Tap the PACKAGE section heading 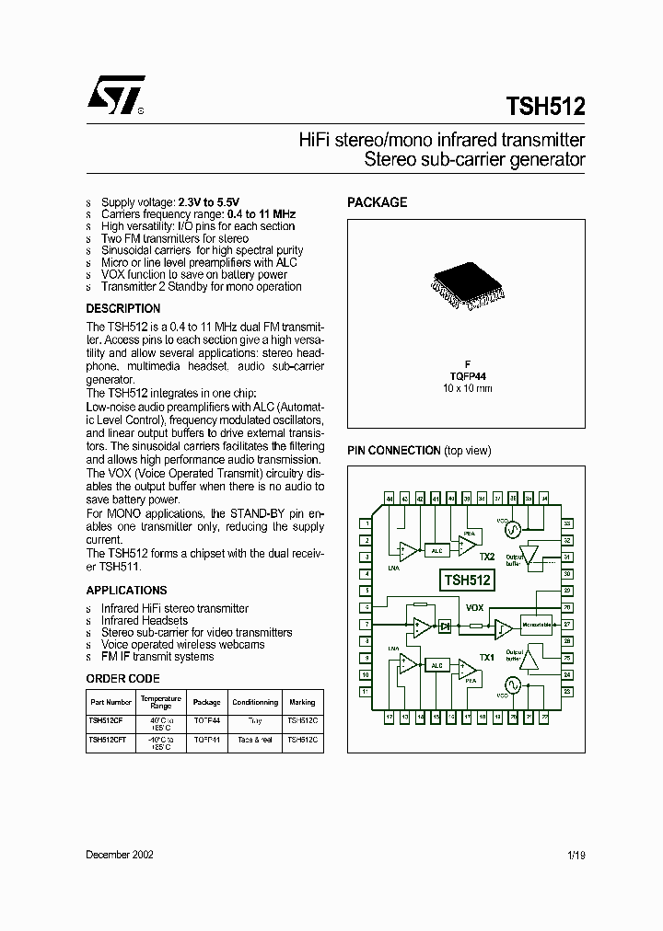point(377,202)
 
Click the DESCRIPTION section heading point(123,309)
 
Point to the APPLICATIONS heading point(127,591)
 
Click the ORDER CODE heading point(123,679)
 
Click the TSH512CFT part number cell point(107,739)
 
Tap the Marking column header point(301,702)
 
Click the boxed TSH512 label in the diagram point(468,580)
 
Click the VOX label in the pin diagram point(475,608)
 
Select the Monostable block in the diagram point(537,625)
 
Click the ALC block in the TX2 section point(436,551)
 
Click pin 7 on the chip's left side point(366,625)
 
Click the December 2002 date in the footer point(120,855)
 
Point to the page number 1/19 point(576,855)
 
